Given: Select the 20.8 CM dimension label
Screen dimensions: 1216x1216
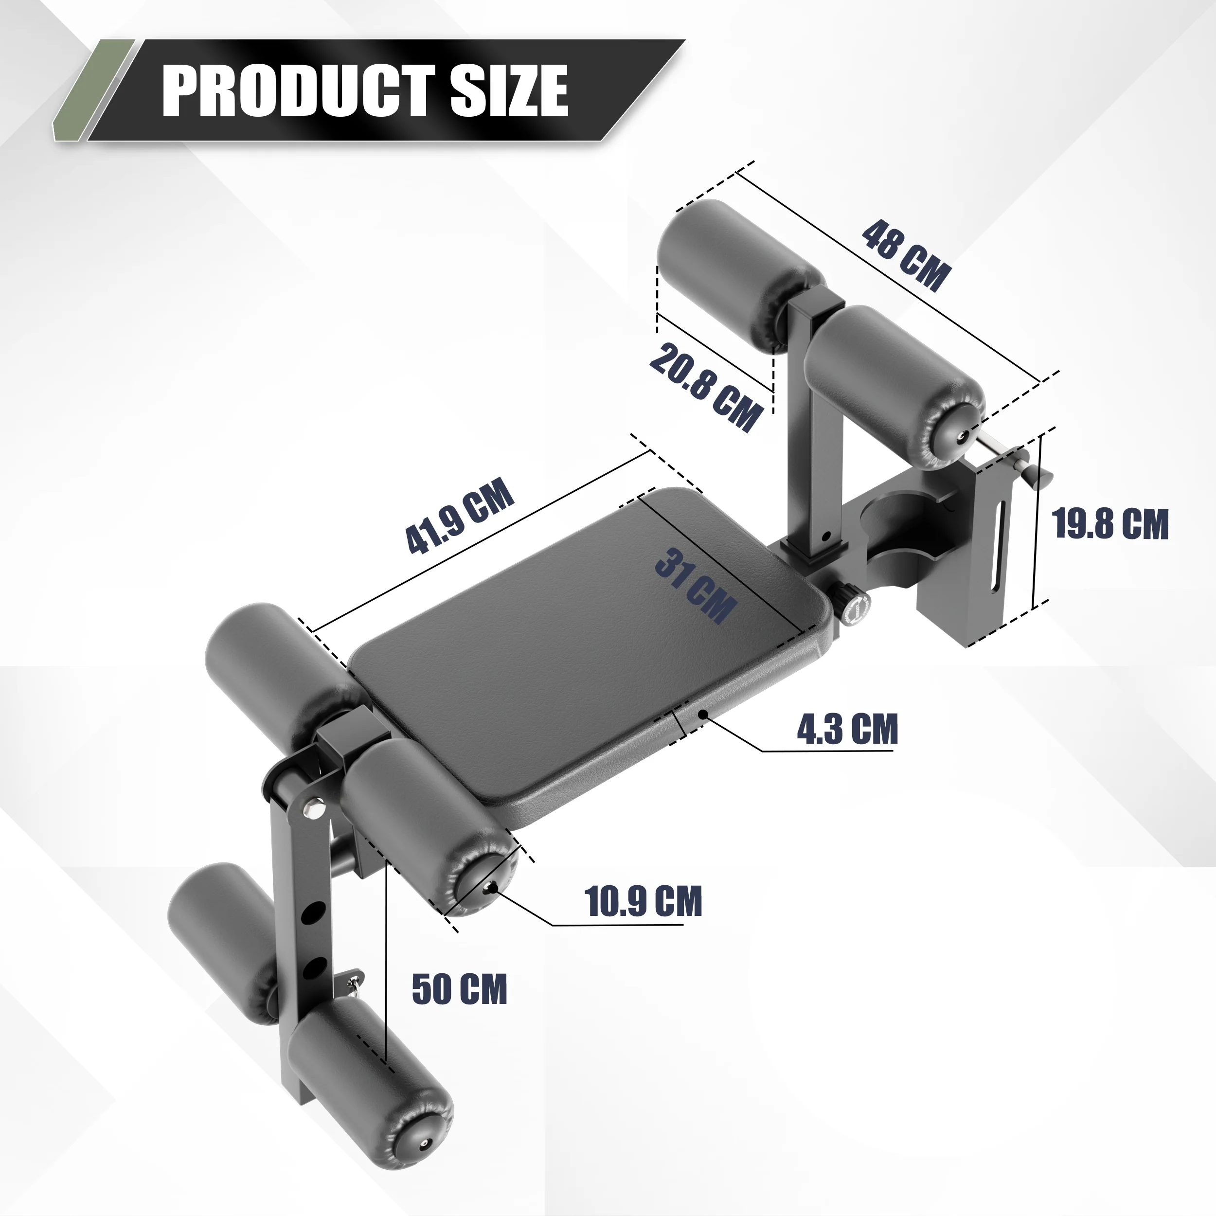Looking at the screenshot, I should pyautogui.click(x=705, y=387).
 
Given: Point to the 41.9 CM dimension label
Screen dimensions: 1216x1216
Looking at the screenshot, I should pyautogui.click(x=460, y=516).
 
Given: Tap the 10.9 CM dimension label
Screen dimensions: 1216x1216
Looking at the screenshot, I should pyautogui.click(x=643, y=901).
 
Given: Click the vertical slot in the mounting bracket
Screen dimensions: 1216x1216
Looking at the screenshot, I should pyautogui.click(x=999, y=548).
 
